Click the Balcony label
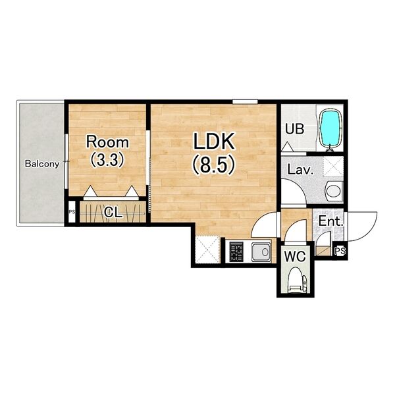pos(42,164)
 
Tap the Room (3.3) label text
pos(107,151)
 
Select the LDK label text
pos(214,141)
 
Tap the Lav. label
pos(300,170)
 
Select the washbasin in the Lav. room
pos(333,191)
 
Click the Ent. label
pos(331,221)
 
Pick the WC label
pos(295,257)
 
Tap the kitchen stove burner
pos(236,252)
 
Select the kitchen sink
pos(261,251)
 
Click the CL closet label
pos(113,213)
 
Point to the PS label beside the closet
pos(72,212)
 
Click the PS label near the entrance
pos(340,251)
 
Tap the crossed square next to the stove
pos(207,250)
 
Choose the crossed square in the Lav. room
pos(333,166)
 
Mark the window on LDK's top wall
pos(245,102)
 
